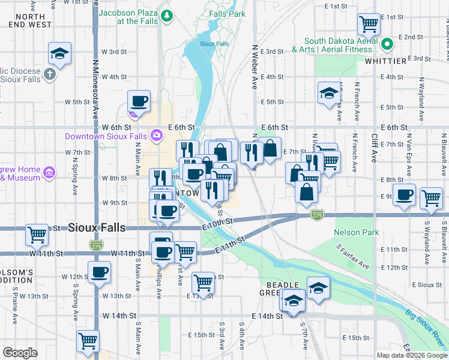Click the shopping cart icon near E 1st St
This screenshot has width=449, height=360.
pos(369,24)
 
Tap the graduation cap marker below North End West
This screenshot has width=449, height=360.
pos(59,53)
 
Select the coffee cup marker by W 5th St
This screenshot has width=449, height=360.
pos(139,101)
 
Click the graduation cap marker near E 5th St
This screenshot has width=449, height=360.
pos(328,93)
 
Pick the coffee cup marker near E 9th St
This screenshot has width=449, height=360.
pos(405,195)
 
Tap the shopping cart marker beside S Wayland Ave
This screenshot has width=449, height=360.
pos(431,198)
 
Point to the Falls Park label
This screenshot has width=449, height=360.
pos(227,13)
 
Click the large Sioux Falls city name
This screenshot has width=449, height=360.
pos(97,228)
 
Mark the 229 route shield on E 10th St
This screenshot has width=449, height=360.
pos(318,214)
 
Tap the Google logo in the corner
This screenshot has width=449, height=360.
pos(20,352)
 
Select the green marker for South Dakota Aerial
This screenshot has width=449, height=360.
pos(388,44)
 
